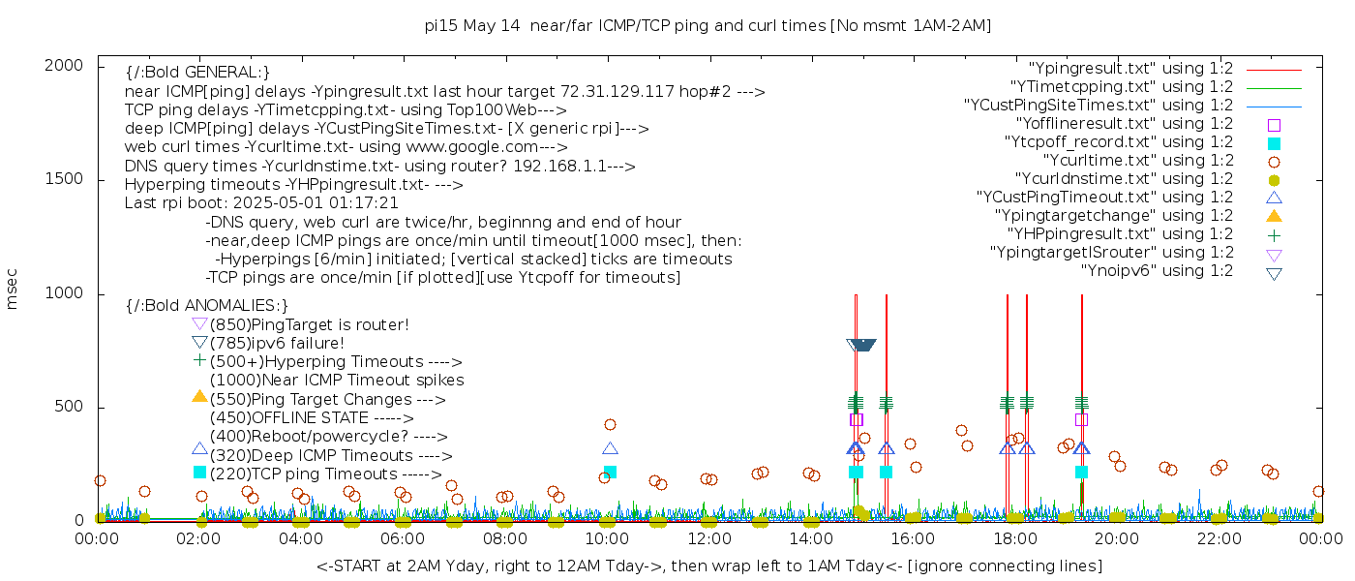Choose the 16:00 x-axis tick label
click(x=913, y=538)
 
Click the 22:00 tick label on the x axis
click(x=1218, y=538)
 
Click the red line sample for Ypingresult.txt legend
click(x=1274, y=69)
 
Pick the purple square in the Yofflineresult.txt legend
click(x=1274, y=125)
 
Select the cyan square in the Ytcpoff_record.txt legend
click(x=1274, y=143)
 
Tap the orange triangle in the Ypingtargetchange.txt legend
click(x=1274, y=216)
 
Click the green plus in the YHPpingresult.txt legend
click(x=1274, y=234)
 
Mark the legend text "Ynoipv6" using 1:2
click(x=1157, y=271)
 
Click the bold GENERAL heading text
click(x=197, y=73)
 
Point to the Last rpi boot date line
click(x=261, y=203)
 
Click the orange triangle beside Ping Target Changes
click(x=199, y=396)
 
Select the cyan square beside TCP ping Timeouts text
click(x=199, y=472)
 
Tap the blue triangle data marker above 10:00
click(x=610, y=448)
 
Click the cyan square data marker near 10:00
click(x=610, y=472)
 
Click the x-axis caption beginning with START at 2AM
click(x=708, y=566)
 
